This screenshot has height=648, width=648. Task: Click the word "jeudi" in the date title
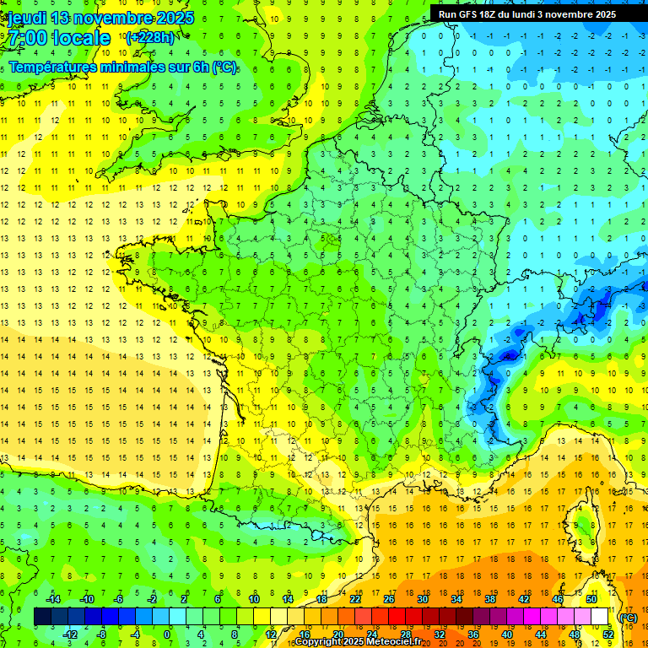click(25, 18)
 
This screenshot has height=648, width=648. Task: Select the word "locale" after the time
click(81, 38)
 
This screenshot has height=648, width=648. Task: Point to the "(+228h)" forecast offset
click(149, 37)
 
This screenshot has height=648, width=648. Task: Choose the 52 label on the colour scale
click(608, 634)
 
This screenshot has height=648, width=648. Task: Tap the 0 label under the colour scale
click(168, 634)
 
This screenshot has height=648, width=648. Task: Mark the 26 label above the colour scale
click(389, 599)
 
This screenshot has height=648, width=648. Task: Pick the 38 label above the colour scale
click(490, 599)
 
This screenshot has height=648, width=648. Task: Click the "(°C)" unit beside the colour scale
click(628, 618)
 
